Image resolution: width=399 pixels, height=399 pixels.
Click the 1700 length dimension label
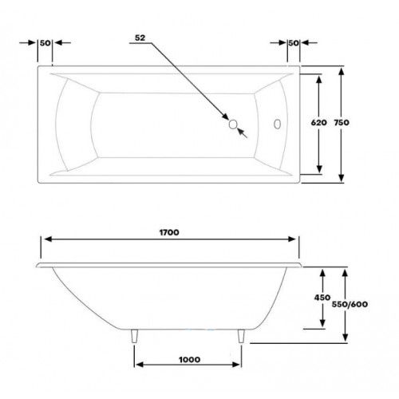(x=169, y=232)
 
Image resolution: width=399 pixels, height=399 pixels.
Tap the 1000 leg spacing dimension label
(x=189, y=360)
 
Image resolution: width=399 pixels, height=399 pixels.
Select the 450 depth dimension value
(x=322, y=298)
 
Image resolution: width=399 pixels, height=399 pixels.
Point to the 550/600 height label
(x=350, y=304)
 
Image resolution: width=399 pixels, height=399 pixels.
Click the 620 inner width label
(x=318, y=123)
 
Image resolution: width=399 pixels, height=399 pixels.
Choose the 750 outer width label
(x=342, y=123)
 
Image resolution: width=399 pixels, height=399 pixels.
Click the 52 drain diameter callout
(x=140, y=38)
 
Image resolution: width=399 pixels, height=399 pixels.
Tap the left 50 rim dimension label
(x=45, y=43)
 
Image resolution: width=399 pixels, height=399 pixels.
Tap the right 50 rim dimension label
(x=294, y=43)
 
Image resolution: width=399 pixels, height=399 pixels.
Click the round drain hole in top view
(x=233, y=124)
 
